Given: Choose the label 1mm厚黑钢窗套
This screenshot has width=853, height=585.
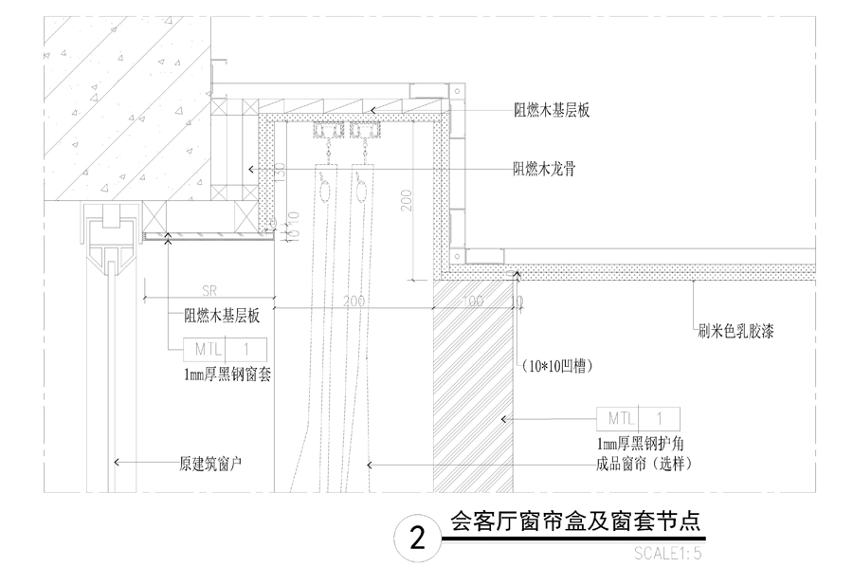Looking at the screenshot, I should [x=228, y=375].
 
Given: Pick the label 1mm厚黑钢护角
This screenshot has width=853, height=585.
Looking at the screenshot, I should [x=640, y=445].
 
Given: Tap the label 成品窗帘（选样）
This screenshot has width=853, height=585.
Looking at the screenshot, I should [x=640, y=464].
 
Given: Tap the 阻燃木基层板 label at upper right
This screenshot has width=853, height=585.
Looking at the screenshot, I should [x=552, y=111].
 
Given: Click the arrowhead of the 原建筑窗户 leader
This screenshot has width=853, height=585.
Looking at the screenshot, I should [x=115, y=464].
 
